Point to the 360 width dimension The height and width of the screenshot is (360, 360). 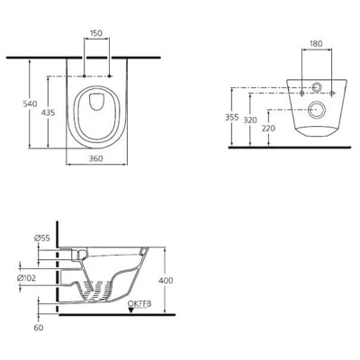(94, 158)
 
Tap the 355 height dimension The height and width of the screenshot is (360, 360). (230, 116)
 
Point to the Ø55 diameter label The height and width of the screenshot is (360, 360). (41, 238)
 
